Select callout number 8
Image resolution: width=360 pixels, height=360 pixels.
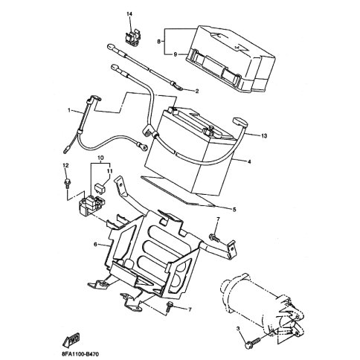tap(159, 42)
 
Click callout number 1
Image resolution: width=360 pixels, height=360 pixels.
tap(71, 111)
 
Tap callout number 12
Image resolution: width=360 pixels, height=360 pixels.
tap(65, 165)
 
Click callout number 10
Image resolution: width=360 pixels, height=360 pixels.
tap(102, 158)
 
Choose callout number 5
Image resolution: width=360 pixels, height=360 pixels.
tap(236, 210)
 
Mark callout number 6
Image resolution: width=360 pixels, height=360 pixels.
tap(95, 244)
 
